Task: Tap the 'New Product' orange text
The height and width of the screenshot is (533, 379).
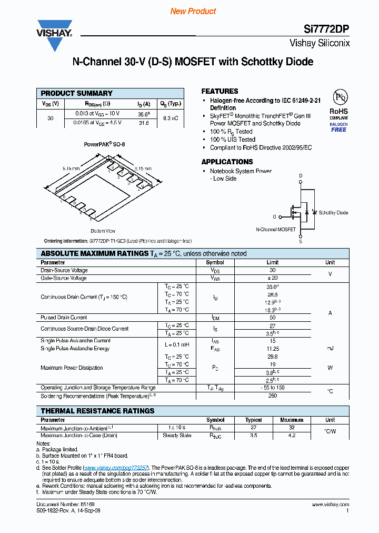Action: click(x=193, y=11)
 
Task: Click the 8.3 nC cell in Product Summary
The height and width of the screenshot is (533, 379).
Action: click(x=171, y=119)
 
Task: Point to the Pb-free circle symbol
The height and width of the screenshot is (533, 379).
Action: click(x=338, y=97)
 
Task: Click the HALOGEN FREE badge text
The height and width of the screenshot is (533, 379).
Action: click(x=338, y=127)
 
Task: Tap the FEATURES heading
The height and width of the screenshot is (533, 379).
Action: click(x=220, y=91)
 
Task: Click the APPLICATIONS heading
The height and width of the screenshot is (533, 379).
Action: click(x=227, y=162)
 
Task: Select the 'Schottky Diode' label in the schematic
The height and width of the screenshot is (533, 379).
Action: click(x=333, y=213)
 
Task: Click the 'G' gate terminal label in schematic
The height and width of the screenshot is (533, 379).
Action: click(x=274, y=216)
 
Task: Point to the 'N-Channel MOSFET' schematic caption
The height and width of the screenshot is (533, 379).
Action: click(x=275, y=230)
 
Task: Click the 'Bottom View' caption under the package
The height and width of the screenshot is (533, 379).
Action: click(x=103, y=231)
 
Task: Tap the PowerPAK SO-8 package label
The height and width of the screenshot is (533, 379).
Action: click(x=104, y=144)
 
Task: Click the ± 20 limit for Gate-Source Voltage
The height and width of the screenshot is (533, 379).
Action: click(x=272, y=278)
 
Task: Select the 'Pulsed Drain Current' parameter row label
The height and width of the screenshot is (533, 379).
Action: click(x=64, y=318)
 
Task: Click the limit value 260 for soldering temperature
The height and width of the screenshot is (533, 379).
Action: click(x=272, y=396)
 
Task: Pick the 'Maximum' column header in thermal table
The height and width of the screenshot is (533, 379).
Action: click(x=292, y=420)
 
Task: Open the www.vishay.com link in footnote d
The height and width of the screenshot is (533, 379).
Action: click(x=116, y=468)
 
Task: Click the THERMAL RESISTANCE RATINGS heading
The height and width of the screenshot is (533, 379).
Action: click(x=97, y=411)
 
